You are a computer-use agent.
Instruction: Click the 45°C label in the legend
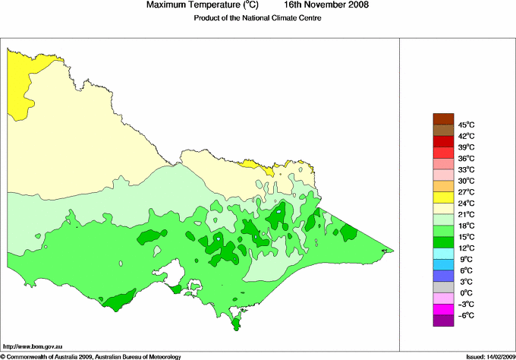click(466, 125)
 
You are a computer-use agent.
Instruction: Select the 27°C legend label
click(466, 192)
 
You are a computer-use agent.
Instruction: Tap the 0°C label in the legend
click(466, 293)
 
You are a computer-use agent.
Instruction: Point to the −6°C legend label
click(466, 315)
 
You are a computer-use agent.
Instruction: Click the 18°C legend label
click(466, 226)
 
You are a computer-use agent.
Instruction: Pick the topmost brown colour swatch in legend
click(443, 118)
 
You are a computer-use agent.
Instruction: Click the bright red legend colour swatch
click(443, 141)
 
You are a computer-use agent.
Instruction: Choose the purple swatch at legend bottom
click(443, 321)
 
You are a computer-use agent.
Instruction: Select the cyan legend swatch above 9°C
click(443, 253)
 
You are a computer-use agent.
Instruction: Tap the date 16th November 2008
click(327, 5)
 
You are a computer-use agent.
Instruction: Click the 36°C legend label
click(466, 159)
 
